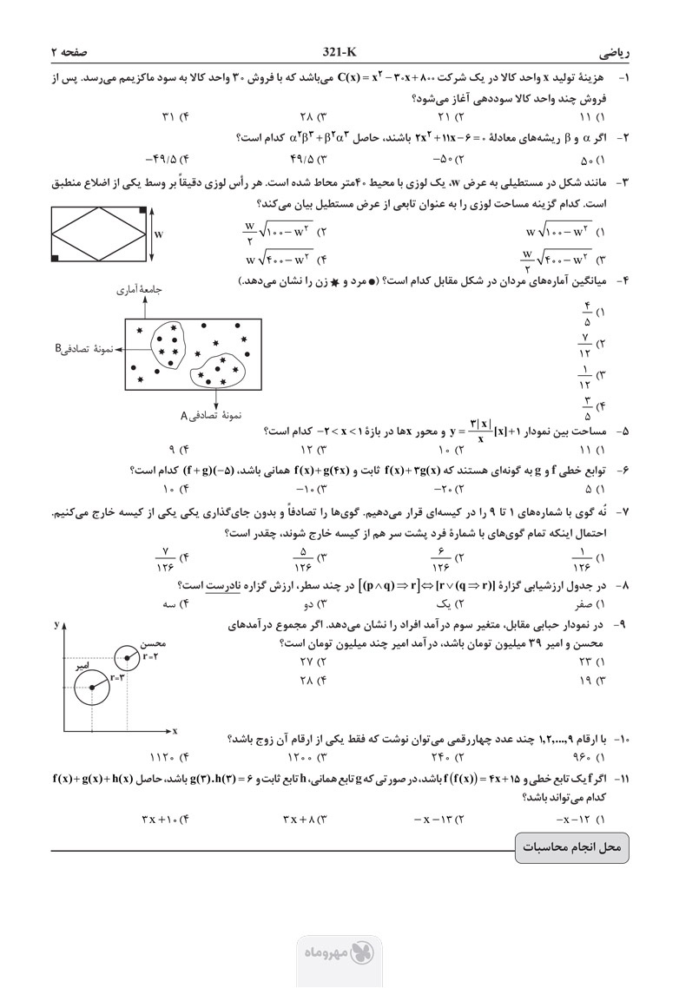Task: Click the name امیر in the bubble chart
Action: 82,665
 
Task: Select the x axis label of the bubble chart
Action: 175,732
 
